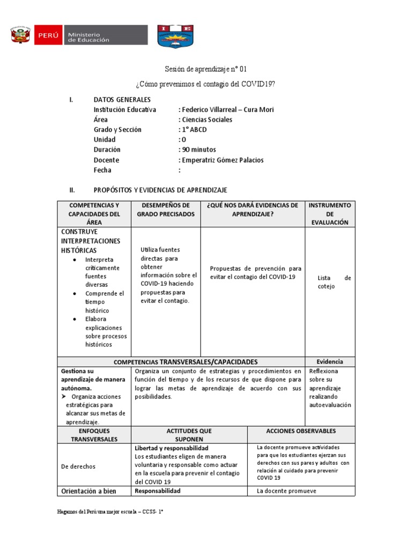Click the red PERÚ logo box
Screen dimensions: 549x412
48,36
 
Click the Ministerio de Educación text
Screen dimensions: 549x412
87,36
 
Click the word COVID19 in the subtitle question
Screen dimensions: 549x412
257,85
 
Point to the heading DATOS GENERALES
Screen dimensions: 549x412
122,100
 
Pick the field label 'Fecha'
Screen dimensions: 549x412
102,170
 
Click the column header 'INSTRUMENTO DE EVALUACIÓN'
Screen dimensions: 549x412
329,214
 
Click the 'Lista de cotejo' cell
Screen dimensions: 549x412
334,282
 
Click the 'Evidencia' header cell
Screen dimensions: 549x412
329,362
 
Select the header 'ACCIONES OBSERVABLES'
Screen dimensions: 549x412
301,431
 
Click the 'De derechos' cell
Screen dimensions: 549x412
78,466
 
